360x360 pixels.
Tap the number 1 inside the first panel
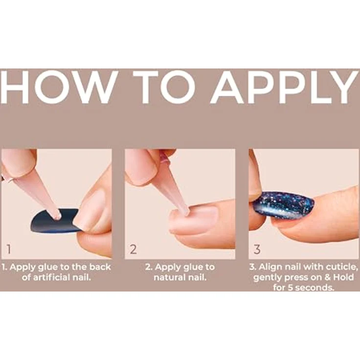[9, 249]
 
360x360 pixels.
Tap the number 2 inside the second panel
[133, 249]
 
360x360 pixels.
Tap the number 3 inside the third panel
[257, 249]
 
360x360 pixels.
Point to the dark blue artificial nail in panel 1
[55, 221]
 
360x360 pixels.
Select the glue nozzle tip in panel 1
[56, 215]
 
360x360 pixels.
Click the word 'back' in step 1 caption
[100, 267]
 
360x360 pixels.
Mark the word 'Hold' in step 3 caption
[343, 277]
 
